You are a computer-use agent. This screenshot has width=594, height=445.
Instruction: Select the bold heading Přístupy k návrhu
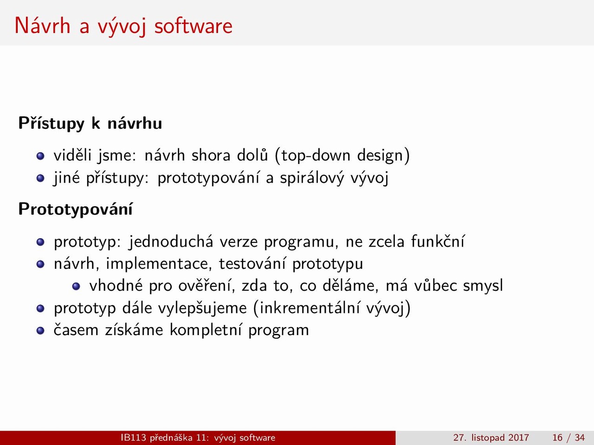pos(90,124)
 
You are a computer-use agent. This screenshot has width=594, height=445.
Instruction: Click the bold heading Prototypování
pos(76,210)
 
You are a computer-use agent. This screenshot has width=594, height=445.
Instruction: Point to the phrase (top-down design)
pos(342,156)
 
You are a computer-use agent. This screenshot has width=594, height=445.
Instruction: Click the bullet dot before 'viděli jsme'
pos(40,156)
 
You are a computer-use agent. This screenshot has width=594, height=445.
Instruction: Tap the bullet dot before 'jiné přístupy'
pos(40,178)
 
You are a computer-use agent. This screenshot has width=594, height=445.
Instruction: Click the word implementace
pos(159,264)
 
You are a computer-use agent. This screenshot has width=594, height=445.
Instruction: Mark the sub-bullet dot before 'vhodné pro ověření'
pos(76,286)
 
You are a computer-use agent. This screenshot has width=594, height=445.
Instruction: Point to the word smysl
pos(483,286)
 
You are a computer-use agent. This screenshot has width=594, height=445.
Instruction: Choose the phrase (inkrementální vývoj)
pos(332,308)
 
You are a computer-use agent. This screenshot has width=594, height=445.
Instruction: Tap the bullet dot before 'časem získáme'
pos(40,331)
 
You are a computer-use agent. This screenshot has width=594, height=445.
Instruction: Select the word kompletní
pos(206,330)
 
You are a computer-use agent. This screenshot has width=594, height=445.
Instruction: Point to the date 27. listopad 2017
pos(491,438)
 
